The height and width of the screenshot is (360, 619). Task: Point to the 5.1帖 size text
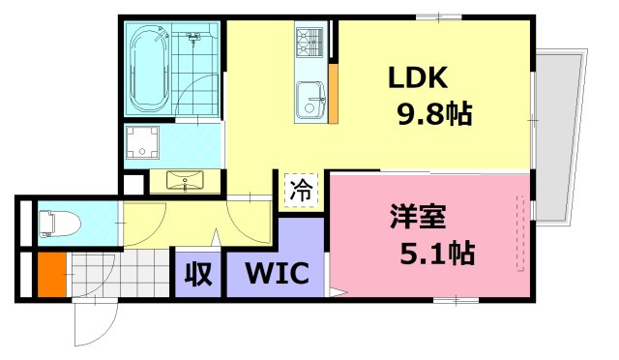coord(437,255)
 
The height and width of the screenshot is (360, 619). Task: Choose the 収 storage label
coord(197,274)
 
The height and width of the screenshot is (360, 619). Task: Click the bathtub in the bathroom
coord(148,69)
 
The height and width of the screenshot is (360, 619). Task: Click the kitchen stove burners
coord(311,43)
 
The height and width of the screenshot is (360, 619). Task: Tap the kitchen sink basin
coord(311,99)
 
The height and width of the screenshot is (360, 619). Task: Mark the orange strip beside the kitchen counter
coord(333,92)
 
